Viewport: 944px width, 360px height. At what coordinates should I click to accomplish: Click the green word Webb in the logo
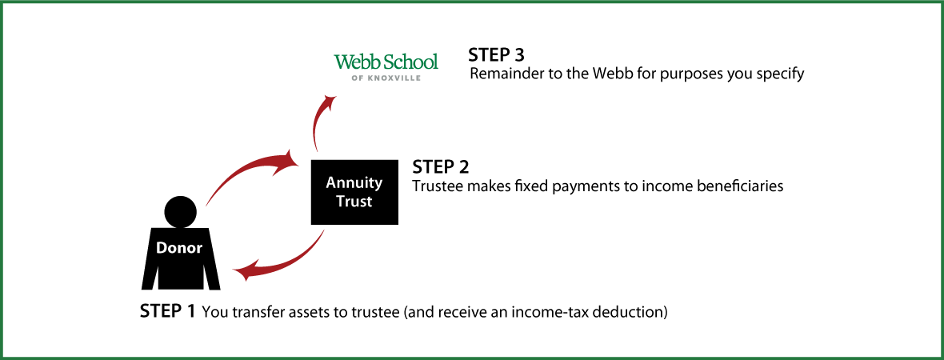[x=356, y=62]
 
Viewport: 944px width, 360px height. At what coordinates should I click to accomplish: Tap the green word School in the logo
[x=410, y=62]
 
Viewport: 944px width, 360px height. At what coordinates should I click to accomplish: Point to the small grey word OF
[x=356, y=78]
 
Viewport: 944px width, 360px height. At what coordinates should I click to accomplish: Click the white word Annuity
[x=354, y=183]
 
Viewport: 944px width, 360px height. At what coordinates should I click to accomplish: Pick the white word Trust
[x=354, y=202]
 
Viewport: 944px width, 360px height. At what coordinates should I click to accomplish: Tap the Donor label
[x=178, y=248]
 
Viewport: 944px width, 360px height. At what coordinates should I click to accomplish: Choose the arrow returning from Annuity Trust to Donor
[x=288, y=261]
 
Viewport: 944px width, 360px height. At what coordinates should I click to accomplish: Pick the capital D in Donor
[x=161, y=248]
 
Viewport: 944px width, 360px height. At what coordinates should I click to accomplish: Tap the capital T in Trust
[x=340, y=202]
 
